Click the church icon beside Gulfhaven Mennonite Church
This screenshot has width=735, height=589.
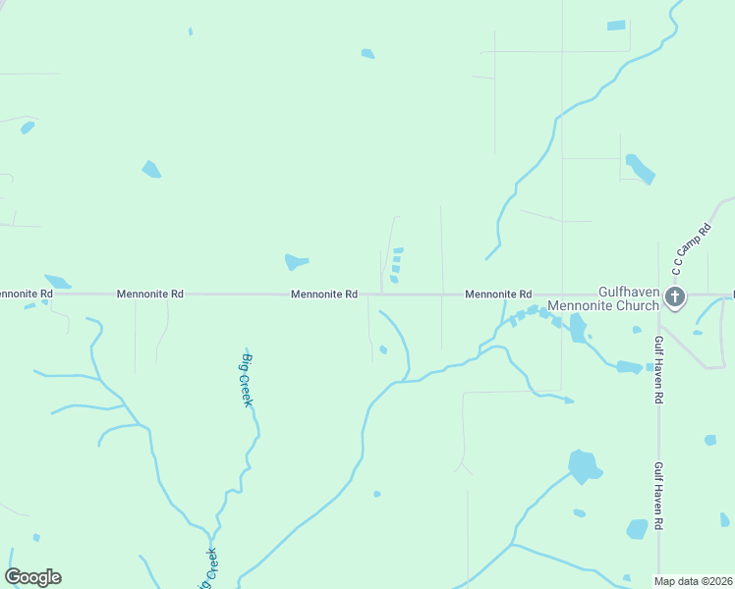pos(674,295)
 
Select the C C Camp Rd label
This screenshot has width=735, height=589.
pos(691,250)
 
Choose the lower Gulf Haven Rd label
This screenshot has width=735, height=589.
pos(659,497)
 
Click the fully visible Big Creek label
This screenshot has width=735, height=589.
pos(248,380)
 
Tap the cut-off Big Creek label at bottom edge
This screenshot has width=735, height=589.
pos(209,567)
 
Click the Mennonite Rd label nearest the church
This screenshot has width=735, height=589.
pos(498,294)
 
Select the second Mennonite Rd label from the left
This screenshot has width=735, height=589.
pos(150,294)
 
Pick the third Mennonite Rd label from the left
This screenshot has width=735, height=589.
pos(323,294)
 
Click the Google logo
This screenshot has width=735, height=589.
pos(33,577)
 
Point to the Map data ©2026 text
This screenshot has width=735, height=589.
pos(693,581)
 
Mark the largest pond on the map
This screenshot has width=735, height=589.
pos(584,466)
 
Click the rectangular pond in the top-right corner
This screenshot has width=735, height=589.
pos(616,26)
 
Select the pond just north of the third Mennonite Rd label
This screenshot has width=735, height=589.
pos(296,262)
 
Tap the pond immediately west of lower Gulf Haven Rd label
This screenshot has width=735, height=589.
pos(638,529)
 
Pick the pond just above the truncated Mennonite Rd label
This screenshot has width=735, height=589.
pos(57,281)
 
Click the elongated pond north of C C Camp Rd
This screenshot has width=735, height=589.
pos(640,169)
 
